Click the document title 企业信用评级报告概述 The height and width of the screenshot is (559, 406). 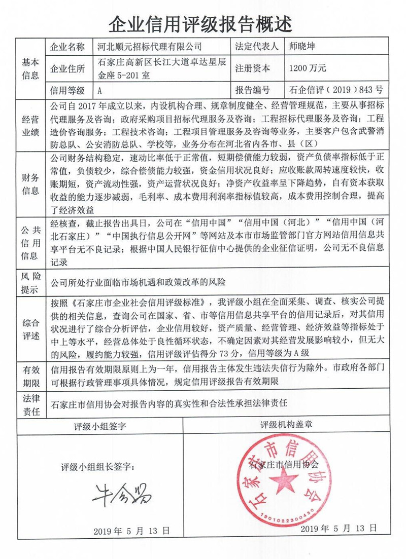click(x=201, y=23)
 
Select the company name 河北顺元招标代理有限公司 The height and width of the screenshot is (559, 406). click(x=149, y=47)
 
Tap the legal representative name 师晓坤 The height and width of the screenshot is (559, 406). click(x=304, y=47)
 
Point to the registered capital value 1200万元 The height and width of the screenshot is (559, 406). click(x=307, y=68)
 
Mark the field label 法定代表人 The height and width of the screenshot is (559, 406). click(x=256, y=47)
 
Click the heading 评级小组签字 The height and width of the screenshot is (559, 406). click(x=100, y=425)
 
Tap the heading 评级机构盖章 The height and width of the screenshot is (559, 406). click(x=286, y=425)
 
